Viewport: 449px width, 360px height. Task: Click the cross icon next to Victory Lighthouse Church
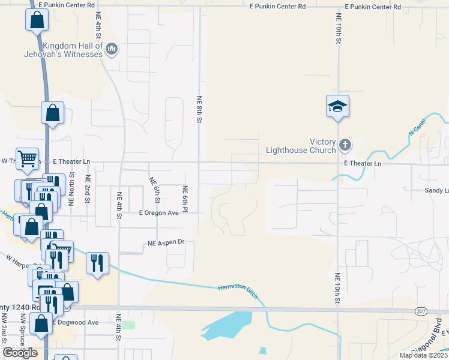click(x=345, y=145)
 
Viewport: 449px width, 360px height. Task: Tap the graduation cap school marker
click(x=338, y=106)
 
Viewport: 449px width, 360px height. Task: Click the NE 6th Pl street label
click(x=185, y=197)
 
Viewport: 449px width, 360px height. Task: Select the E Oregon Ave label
click(x=159, y=212)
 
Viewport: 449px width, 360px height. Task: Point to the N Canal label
click(x=417, y=126)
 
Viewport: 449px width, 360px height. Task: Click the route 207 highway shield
click(x=421, y=310)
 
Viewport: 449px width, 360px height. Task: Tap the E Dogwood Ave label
click(x=75, y=322)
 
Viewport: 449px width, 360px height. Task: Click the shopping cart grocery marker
click(x=27, y=159)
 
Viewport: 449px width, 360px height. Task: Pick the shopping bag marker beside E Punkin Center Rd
click(x=37, y=20)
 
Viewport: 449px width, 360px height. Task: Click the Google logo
click(x=20, y=353)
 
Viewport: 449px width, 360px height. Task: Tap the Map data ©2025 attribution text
click(x=423, y=355)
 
